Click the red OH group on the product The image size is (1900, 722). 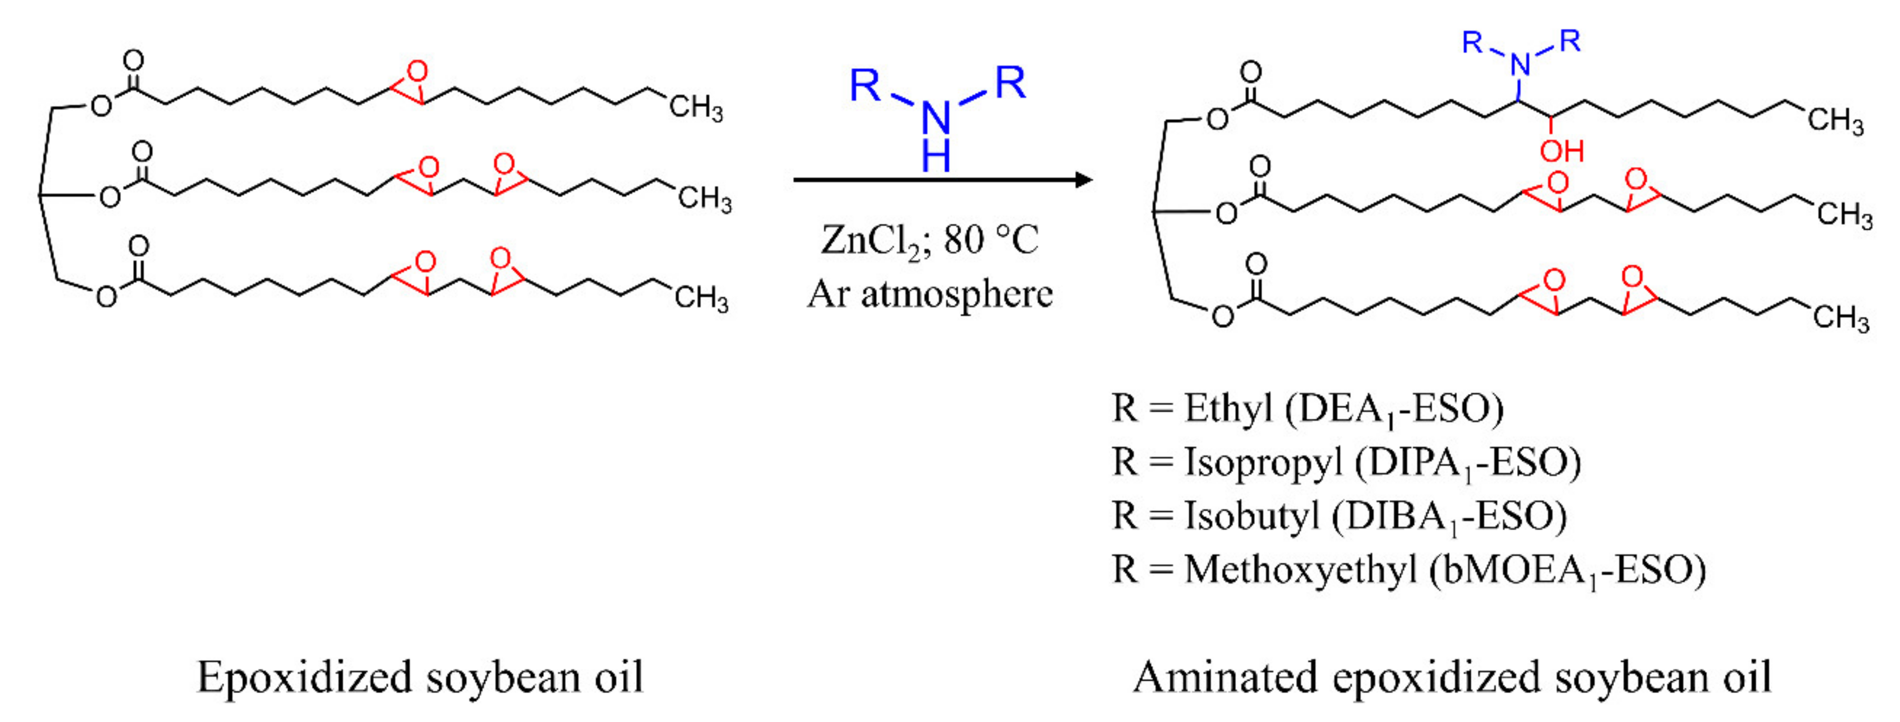click(1561, 151)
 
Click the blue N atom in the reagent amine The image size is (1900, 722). click(936, 116)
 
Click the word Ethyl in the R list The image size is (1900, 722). click(1228, 408)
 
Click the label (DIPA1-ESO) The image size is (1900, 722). click(1468, 463)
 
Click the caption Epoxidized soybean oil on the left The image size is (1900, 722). click(420, 676)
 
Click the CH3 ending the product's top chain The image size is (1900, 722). click(1834, 120)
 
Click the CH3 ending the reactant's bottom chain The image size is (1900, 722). click(701, 299)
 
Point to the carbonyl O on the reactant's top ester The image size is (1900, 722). click(134, 60)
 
